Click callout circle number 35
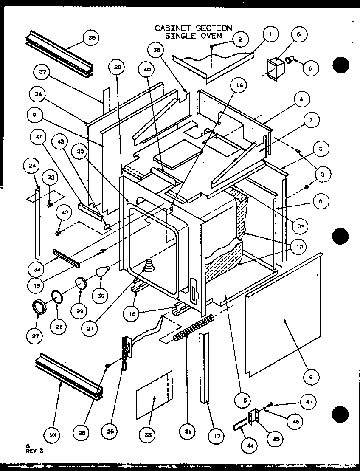point(92,39)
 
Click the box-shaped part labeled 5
point(274,68)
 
